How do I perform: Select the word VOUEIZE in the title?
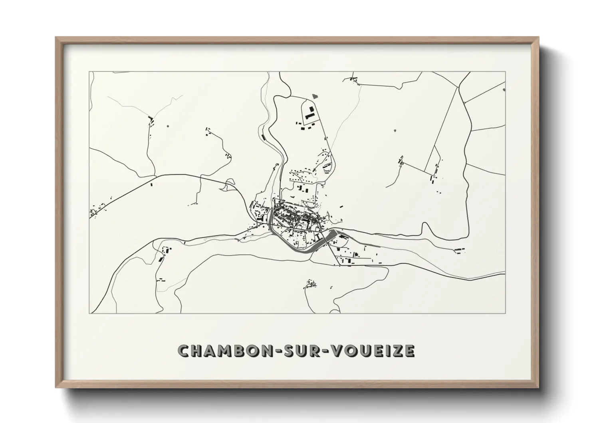tap(372, 351)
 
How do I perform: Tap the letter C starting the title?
tap(183, 351)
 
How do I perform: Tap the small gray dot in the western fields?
tap(167, 126)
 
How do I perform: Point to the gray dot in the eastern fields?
tap(395, 130)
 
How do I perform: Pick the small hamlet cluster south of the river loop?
tap(309, 284)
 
